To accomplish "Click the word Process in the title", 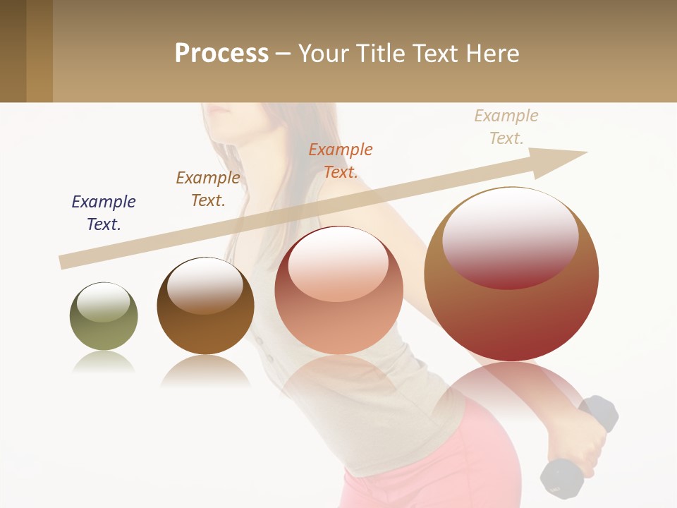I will tap(221, 53).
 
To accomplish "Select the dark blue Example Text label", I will tap(104, 212).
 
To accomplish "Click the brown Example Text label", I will tap(208, 188).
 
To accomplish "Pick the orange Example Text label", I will tap(341, 160).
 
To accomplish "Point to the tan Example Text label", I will tap(506, 126).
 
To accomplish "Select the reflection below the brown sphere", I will tap(205, 371).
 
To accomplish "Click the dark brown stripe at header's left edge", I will tap(13, 51).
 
